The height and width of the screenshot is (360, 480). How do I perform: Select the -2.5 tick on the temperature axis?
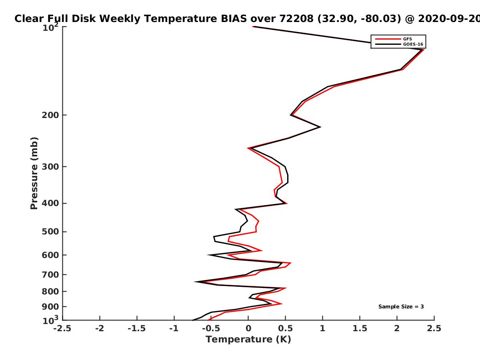coord(62,328)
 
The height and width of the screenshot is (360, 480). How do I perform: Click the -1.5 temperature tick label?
coord(137,328)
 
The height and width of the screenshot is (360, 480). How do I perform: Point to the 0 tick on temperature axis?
coord(248,328)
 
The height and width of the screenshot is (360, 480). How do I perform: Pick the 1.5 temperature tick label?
coord(360,328)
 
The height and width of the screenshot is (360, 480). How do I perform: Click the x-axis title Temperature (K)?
coord(248,340)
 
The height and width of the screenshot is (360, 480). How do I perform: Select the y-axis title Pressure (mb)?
coord(34,173)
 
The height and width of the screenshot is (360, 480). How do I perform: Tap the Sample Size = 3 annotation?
coord(401,307)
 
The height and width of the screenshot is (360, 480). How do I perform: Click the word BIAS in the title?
coord(234,19)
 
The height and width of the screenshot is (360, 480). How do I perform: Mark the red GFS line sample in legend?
coord(388,39)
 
